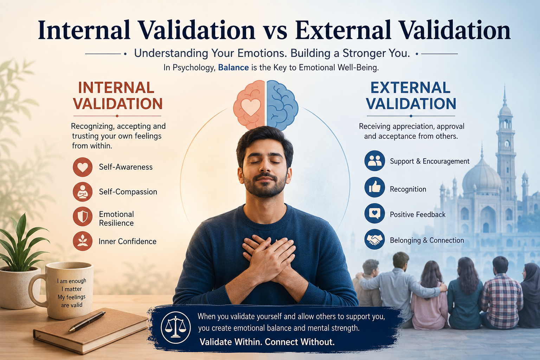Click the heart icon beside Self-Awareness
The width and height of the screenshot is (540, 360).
[83, 167]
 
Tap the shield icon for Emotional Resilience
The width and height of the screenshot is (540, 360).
[83, 216]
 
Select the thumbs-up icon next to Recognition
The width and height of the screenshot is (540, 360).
[375, 187]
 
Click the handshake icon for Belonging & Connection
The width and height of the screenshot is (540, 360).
[375, 239]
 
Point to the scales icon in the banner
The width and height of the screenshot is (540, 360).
[176, 327]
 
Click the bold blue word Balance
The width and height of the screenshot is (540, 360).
[233, 67]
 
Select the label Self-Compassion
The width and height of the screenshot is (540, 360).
[128, 192]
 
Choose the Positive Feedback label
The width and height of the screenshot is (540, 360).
[418, 214]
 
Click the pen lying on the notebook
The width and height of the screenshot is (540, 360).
[87, 321]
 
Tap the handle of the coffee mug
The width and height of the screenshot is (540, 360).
[37, 290]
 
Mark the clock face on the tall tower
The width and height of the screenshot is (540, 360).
[507, 144]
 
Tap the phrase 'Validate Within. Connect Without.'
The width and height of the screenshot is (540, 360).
[267, 342]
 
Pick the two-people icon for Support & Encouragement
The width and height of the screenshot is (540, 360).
[375, 161]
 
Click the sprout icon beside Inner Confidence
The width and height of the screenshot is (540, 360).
[83, 241]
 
